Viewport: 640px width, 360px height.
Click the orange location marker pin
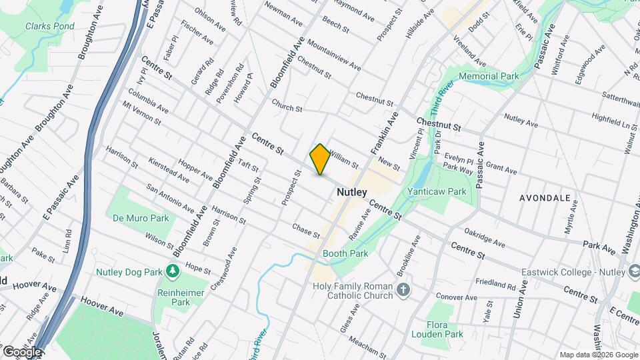click(x=320, y=159)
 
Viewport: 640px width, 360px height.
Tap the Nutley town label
click(x=351, y=192)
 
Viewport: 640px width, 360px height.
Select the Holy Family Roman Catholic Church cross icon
click(x=403, y=289)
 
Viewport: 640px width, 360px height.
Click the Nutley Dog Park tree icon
click(x=173, y=271)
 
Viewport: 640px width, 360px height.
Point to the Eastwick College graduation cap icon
click(x=633, y=271)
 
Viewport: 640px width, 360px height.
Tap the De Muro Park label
click(x=141, y=218)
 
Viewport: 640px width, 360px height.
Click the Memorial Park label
click(x=489, y=77)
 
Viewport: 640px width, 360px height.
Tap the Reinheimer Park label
click(x=173, y=297)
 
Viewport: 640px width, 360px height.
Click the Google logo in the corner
click(x=21, y=351)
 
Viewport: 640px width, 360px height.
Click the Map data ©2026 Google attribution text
click(x=598, y=355)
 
